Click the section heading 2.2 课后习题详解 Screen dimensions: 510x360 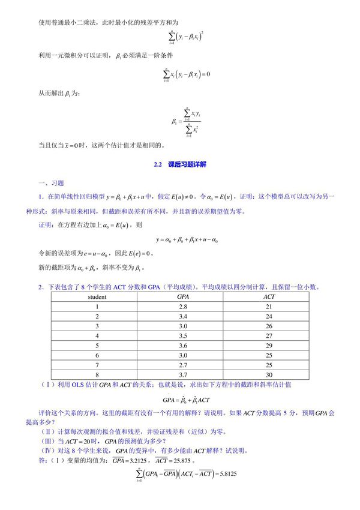(180, 164)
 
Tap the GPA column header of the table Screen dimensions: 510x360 (183, 296)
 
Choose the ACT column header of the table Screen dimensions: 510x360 (269, 296)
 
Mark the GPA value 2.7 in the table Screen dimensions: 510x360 (183, 364)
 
